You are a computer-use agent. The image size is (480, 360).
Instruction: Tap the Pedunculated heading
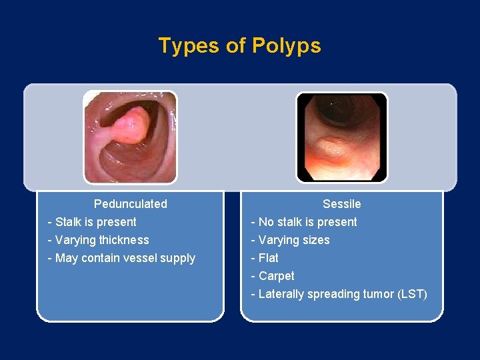point(131,204)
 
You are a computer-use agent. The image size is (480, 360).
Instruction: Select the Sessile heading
point(341,204)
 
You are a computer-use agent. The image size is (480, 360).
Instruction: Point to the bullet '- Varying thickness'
point(99,240)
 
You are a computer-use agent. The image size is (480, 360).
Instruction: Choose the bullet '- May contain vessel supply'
point(121,258)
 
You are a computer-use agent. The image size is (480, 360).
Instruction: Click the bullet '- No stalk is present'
point(304,222)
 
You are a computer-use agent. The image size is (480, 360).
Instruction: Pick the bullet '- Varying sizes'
point(290,240)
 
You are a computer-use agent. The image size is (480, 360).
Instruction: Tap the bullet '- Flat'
point(265,258)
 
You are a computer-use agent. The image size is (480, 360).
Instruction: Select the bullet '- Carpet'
point(273,276)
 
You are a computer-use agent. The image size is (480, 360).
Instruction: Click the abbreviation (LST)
point(412,294)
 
